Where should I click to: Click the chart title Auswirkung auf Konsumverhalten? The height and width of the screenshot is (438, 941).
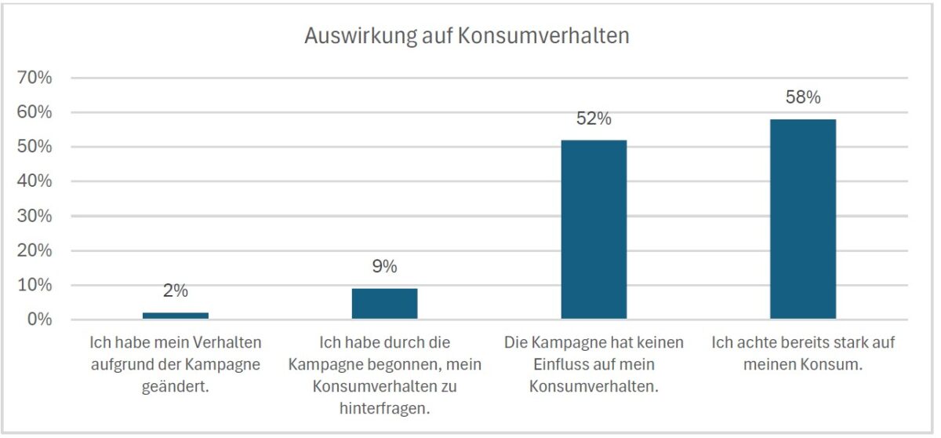(467, 36)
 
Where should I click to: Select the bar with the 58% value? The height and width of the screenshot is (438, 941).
(802, 219)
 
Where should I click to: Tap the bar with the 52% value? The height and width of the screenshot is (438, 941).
(594, 229)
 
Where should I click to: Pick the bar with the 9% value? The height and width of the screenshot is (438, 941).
(384, 303)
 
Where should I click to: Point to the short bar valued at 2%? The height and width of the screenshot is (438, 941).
(176, 316)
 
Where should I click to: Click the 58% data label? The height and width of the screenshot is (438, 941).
(803, 98)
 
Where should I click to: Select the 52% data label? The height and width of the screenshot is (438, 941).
(594, 119)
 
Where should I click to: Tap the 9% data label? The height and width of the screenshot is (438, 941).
(384, 267)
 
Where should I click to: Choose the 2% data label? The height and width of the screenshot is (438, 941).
(176, 291)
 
